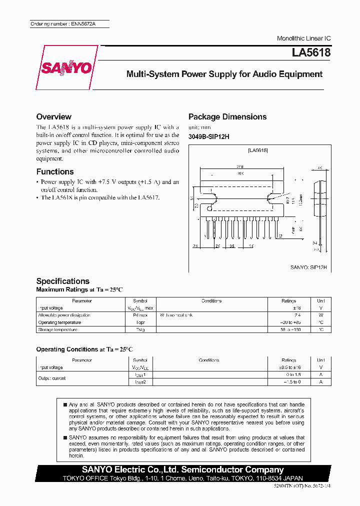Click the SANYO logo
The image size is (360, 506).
[67, 67]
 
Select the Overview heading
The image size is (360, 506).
[54, 116]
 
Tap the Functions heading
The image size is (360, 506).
[55, 171]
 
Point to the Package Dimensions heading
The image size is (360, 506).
[227, 116]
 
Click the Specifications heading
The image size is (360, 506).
[63, 281]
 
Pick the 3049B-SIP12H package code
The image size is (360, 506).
[208, 137]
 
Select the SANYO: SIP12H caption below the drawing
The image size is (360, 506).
[308, 267]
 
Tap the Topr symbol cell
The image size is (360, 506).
[140, 322]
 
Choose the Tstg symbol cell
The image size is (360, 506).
[140, 329]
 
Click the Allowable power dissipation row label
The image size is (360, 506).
[64, 315]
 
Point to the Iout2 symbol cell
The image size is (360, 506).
[140, 381]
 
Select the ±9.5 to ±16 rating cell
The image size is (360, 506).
[289, 367]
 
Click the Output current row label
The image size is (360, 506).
[52, 378]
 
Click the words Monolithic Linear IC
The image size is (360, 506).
[303, 38]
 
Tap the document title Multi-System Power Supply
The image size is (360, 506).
[224, 74]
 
